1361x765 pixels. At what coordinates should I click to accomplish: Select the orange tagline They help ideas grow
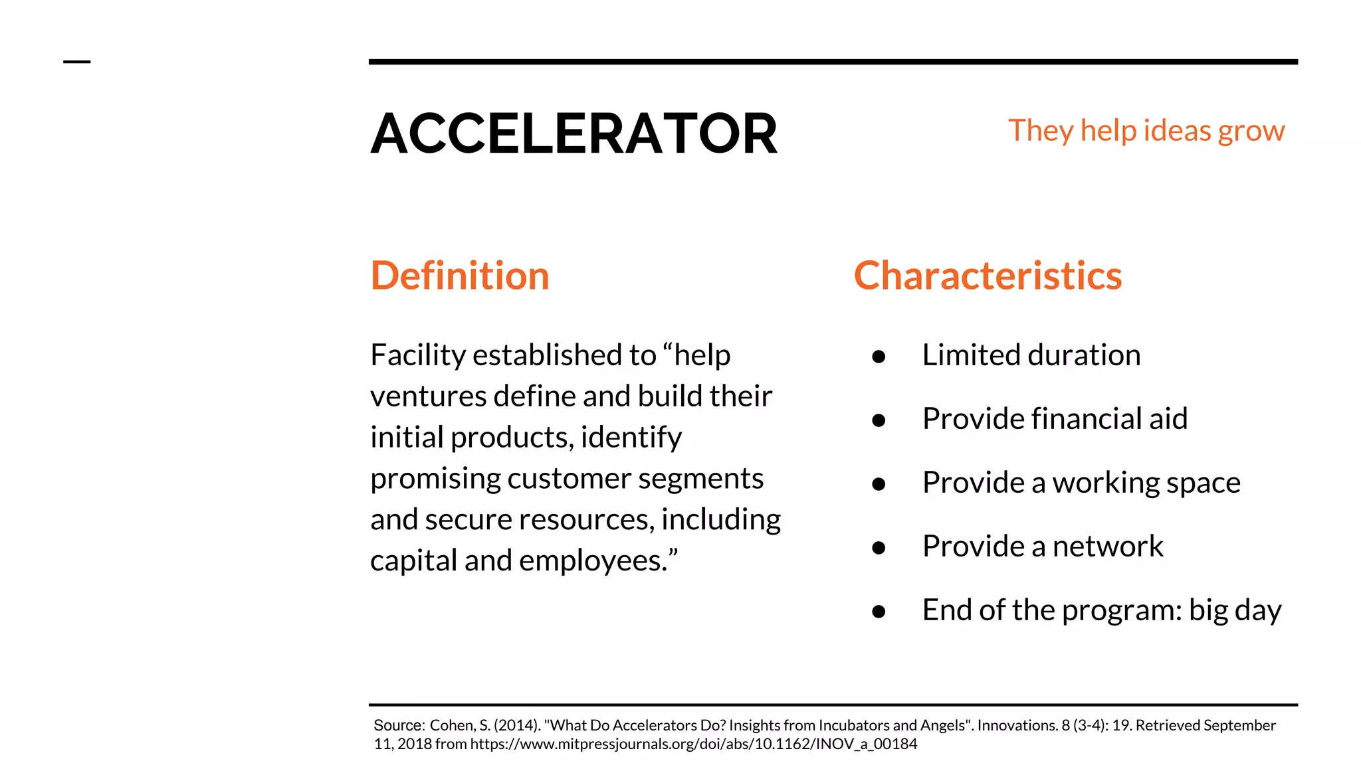(x=1146, y=131)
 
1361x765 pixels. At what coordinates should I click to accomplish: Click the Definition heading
(x=460, y=276)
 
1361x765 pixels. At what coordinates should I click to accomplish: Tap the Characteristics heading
(x=988, y=276)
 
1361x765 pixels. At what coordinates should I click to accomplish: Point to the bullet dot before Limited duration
(x=879, y=357)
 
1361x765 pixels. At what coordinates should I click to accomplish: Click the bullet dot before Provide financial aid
(x=879, y=421)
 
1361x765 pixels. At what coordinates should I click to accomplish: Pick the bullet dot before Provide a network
(x=879, y=549)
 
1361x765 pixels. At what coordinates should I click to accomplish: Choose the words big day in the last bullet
(x=1235, y=610)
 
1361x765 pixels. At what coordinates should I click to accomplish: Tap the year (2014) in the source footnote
(x=516, y=726)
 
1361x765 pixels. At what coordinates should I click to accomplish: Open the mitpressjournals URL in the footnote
(x=693, y=744)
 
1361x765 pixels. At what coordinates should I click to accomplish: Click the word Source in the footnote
(x=398, y=726)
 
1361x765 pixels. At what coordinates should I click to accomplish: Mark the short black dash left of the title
(x=76, y=62)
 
